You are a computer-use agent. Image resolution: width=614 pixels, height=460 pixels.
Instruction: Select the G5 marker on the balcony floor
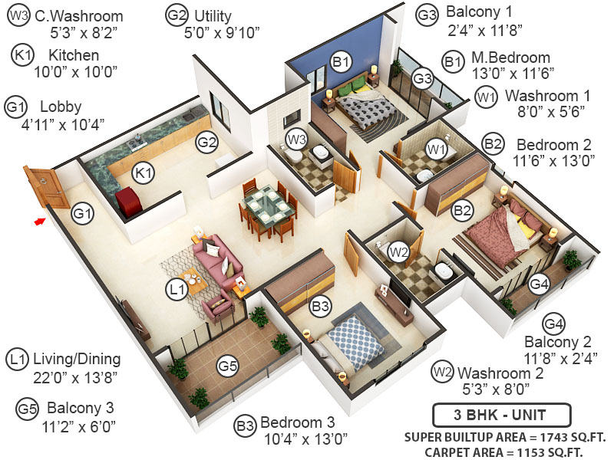point(227,366)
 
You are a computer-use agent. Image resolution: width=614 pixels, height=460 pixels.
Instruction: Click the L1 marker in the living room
point(177,290)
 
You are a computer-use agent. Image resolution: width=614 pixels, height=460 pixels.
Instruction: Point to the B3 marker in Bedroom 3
point(321,307)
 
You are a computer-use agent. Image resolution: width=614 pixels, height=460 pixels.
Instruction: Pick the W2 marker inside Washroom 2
point(398,251)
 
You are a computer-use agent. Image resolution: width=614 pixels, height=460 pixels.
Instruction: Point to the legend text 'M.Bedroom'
point(510,58)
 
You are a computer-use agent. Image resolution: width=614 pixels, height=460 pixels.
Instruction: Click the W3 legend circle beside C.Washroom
point(18,16)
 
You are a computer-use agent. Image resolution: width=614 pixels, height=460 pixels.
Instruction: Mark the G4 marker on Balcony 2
point(540,284)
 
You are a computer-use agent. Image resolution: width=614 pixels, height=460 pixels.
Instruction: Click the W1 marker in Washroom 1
point(437,147)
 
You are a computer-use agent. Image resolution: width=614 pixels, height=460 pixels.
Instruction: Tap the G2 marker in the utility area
point(207,142)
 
